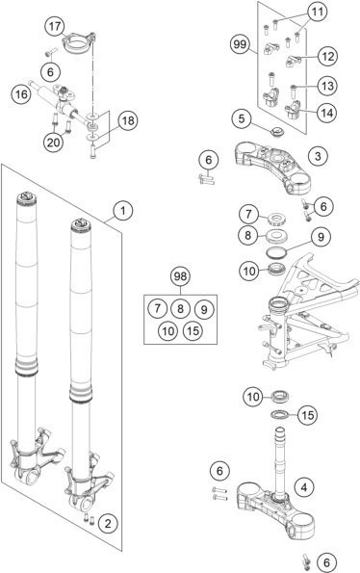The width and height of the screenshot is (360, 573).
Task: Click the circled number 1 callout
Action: coord(123,211)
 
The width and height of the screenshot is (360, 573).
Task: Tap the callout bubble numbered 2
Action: coord(108,524)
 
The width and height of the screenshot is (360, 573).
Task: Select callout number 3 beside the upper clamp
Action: coord(318,156)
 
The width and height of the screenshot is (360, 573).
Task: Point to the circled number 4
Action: coord(304,487)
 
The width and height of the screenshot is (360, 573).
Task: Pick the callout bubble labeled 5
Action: coord(243,118)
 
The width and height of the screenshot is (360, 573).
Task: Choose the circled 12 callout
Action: coord(327,56)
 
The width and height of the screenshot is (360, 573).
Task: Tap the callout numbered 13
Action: coord(327,86)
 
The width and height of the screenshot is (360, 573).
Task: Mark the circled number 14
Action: coord(326,113)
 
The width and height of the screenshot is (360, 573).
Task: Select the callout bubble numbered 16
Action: coord(21,94)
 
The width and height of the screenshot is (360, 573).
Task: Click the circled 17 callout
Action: coord(55,27)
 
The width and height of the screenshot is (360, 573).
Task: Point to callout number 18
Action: coord(128,120)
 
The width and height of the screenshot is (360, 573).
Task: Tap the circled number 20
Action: coord(53,142)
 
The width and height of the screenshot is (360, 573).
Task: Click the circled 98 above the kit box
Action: coord(180,276)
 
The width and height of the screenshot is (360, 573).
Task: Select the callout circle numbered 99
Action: coord(241,44)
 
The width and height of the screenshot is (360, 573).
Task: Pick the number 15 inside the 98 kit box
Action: coord(193,330)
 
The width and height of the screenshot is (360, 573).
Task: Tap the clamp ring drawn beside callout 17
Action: coord(79,43)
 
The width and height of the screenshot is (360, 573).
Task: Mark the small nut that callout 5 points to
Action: coord(277,132)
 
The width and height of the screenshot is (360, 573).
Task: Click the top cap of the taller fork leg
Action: coord(27,197)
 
